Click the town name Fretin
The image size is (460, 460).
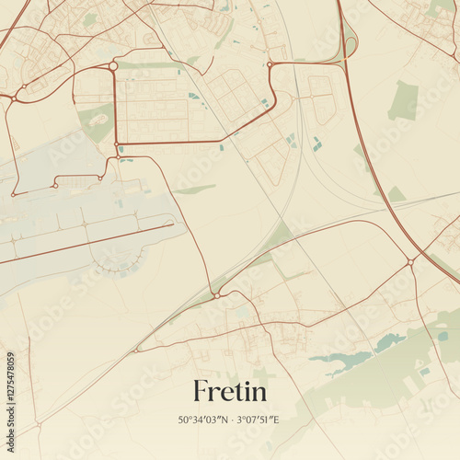[230, 392]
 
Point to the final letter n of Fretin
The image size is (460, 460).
[259, 394]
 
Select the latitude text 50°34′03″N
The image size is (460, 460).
[207, 420]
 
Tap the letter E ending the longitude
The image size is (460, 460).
[277, 420]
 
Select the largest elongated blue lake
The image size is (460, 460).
[340, 358]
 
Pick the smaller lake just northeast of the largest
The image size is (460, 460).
[389, 341]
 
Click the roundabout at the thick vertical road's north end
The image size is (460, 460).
[113, 66]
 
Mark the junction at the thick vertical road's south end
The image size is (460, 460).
[116, 144]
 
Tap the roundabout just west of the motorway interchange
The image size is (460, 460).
[270, 64]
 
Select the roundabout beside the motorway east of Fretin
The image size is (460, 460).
[409, 262]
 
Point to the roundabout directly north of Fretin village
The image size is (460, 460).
[216, 294]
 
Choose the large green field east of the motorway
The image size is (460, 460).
[403, 101]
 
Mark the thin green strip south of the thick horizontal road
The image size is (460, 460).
[194, 190]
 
